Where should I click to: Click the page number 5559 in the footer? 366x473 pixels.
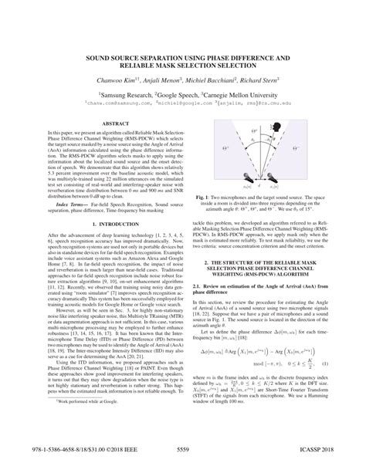point(184,458)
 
